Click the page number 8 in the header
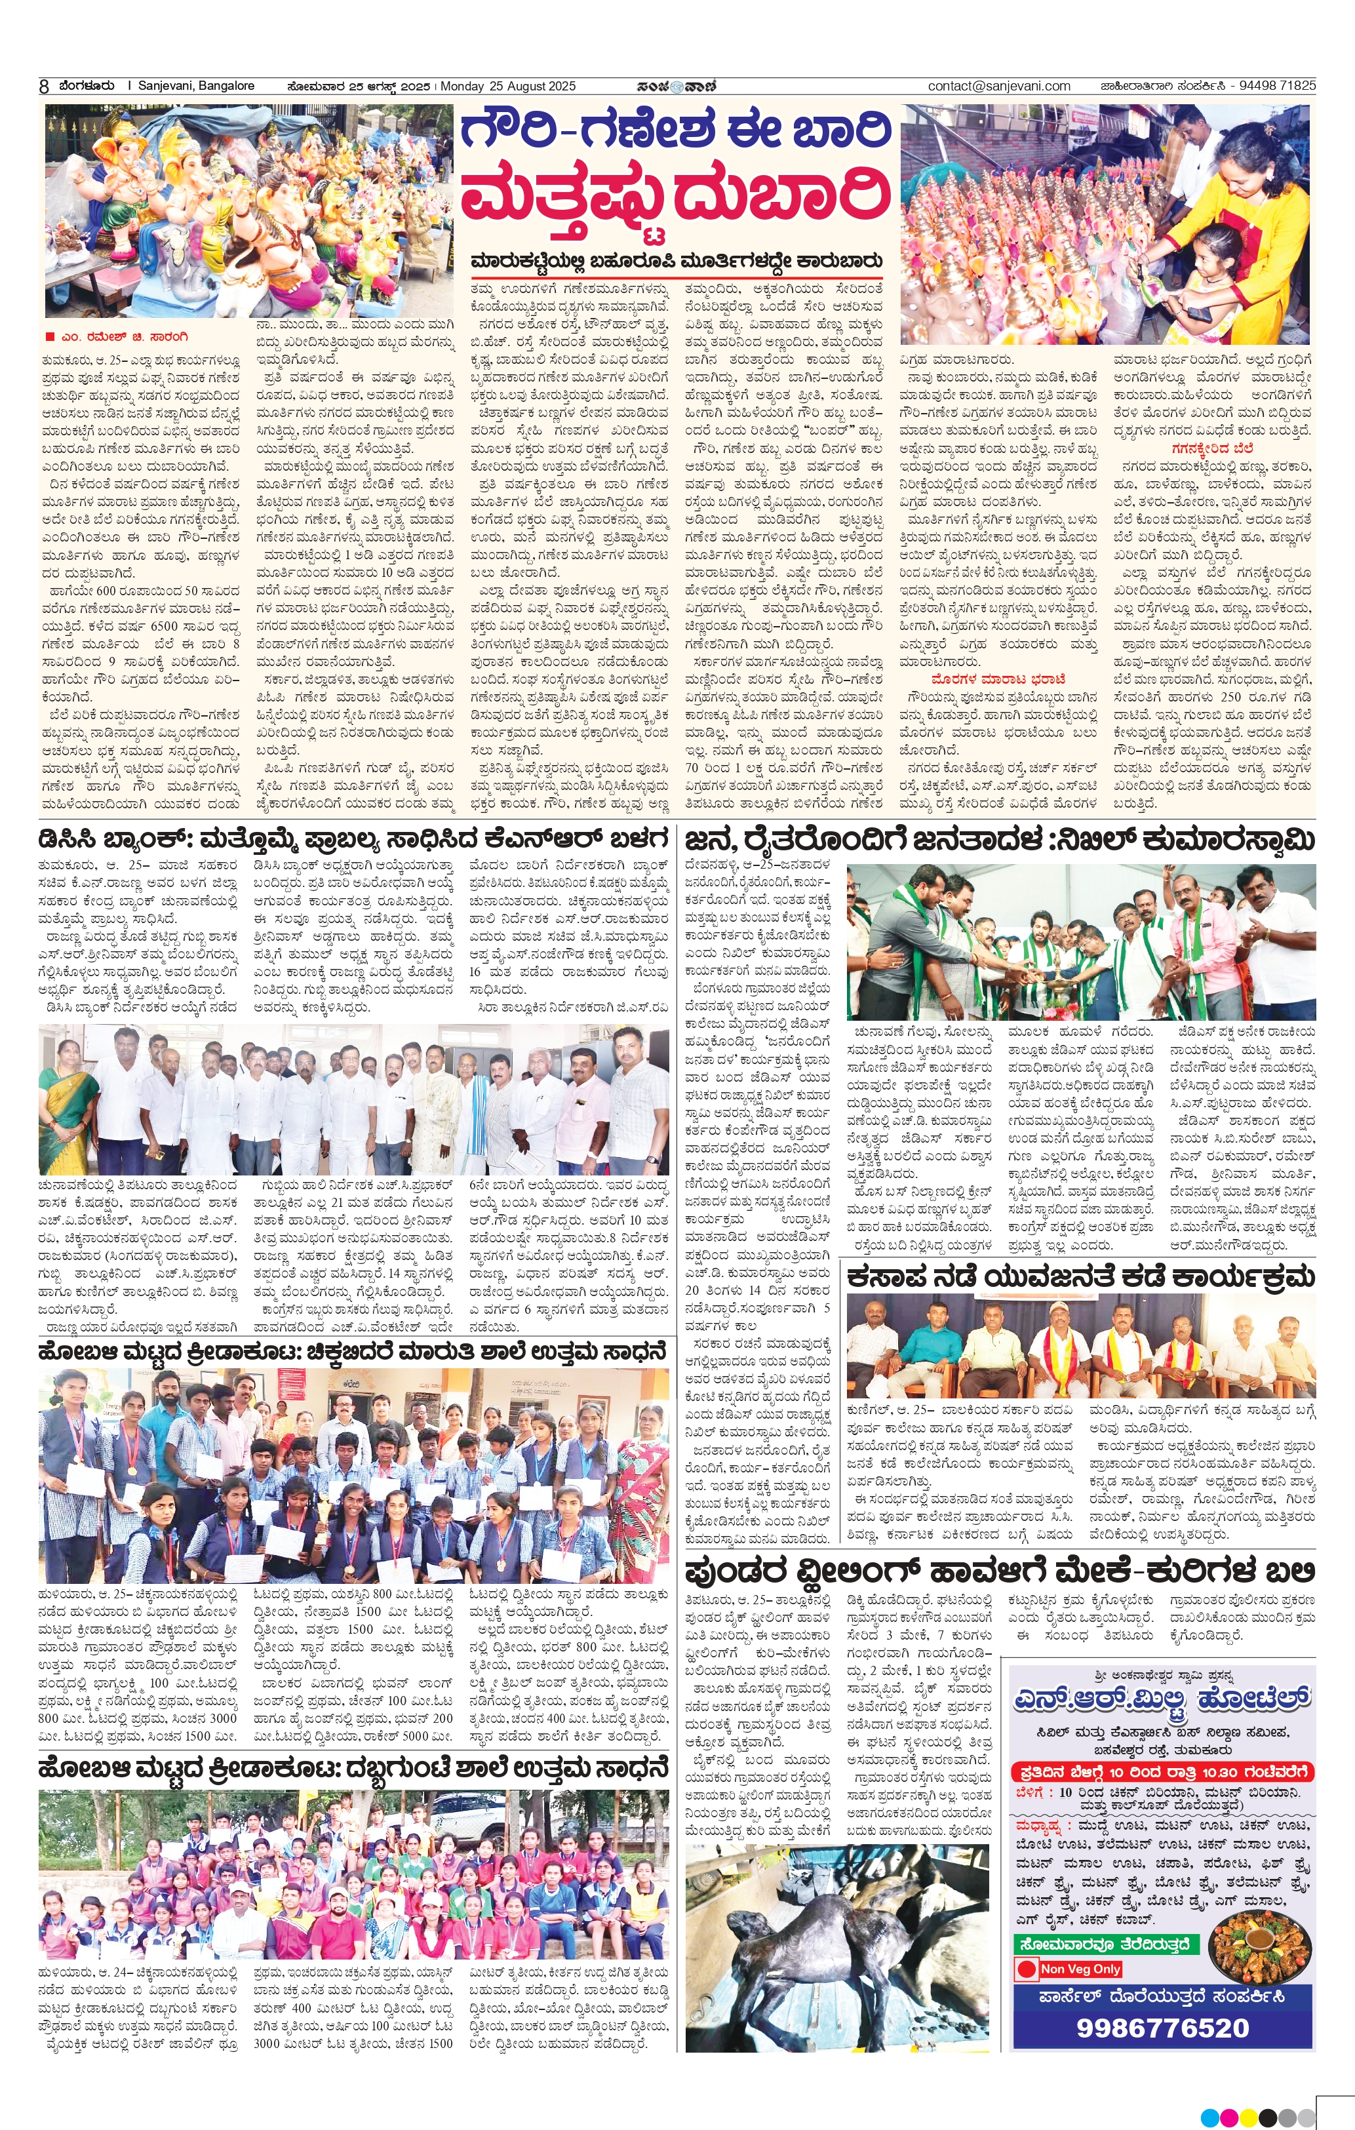coord(44,86)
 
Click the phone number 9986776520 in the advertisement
coord(1162,2027)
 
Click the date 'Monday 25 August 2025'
coord(507,86)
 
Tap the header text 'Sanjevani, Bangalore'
coord(197,86)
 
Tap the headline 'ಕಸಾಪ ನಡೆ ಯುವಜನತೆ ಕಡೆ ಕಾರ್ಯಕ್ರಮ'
coord(1080,1276)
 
